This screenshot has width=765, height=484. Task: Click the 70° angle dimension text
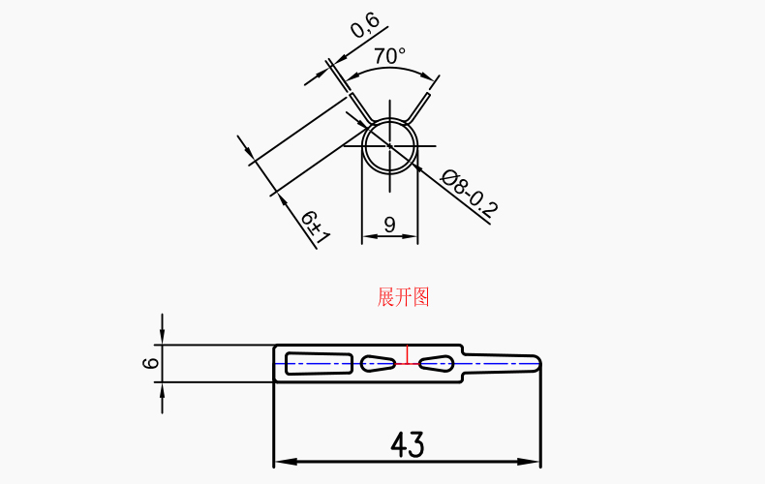[389, 57]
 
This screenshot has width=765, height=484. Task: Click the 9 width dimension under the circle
[389, 225]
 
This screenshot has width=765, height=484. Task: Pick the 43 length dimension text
[408, 445]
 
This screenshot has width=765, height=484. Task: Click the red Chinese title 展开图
[403, 297]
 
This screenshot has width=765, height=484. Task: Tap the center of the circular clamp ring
[389, 148]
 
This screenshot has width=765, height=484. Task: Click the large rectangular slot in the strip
[319, 363]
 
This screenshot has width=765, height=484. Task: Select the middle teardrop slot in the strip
[379, 363]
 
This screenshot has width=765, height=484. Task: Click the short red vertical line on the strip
[408, 355]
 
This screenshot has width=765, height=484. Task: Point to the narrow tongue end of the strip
[504, 363]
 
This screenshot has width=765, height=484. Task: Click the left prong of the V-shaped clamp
[358, 106]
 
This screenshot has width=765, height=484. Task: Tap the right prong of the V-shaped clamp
[421, 106]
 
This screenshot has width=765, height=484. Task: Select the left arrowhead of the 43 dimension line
[282, 460]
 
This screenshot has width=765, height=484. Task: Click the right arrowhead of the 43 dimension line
[533, 460]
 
